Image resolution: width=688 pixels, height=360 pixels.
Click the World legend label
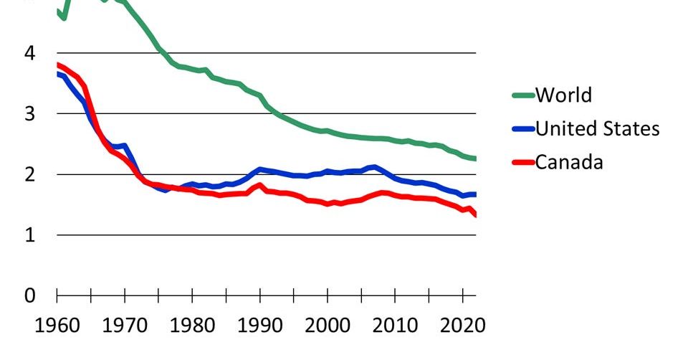coord(564,95)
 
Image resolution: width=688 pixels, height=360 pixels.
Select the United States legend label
coord(598,128)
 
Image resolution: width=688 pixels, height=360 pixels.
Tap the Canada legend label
coord(570,162)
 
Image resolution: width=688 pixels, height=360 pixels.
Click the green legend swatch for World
coord(524,95)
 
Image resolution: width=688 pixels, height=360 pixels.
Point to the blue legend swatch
coord(524,129)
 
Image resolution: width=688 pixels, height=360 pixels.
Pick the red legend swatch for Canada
coord(524,162)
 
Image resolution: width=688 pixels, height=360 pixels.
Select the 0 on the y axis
coord(29,295)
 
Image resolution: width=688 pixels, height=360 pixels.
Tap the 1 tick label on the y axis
coord(29,235)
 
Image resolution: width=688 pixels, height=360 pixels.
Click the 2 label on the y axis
coord(29,174)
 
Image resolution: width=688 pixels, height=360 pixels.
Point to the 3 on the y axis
coord(29,113)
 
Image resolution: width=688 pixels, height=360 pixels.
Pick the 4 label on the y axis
coord(29,53)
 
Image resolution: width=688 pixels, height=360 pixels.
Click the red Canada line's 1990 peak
coord(260,185)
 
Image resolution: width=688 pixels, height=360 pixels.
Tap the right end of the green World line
coord(475,158)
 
